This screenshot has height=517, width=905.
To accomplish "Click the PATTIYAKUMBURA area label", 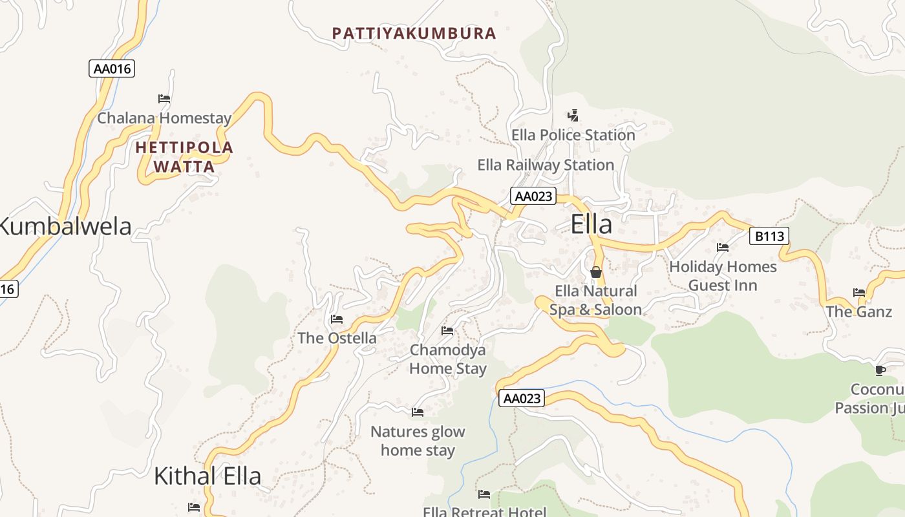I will point(414,34).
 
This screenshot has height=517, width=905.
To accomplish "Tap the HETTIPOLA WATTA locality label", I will point(184,157).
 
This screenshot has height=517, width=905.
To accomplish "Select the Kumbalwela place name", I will point(65,226).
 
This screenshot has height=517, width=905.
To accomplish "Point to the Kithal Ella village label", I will point(208,476).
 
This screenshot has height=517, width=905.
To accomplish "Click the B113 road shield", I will point(769,236).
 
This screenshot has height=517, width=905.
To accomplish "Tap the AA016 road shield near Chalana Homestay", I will point(112,69).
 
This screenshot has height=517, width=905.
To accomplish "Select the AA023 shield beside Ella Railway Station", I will point(533,196).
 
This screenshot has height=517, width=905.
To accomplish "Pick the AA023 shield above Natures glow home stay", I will point(521,398).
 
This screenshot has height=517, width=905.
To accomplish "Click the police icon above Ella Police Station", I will point(573,116).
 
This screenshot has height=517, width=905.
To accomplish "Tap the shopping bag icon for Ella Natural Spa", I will point(596,272).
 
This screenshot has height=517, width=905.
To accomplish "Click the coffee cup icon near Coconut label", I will point(880,370).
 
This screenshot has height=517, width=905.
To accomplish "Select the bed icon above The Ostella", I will point(336,319).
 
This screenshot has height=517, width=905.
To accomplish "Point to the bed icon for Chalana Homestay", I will point(164,99).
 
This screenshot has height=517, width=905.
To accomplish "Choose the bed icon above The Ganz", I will point(859,293).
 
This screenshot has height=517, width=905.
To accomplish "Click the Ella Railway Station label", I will point(546,165).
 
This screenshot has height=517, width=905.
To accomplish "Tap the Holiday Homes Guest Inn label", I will point(723,276).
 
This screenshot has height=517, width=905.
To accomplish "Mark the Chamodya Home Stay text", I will point(448,359).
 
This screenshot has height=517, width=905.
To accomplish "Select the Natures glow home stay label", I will point(418,441).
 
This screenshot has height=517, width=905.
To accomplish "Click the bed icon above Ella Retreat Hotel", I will point(484,494).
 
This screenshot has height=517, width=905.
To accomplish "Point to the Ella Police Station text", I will point(573,135).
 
